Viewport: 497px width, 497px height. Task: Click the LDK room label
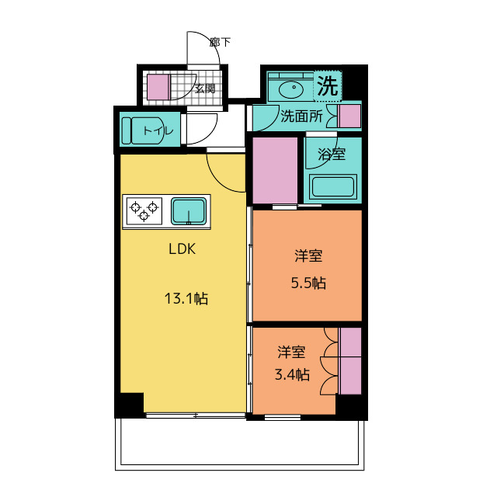[x=182, y=249]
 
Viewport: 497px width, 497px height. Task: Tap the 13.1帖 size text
[x=186, y=298]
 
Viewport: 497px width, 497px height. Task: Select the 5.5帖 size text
[x=308, y=283]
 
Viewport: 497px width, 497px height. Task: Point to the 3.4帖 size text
[x=292, y=374]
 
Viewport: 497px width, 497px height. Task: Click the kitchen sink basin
[x=189, y=210]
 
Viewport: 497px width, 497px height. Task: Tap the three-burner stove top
[x=144, y=211]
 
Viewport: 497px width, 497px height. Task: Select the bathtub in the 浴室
[x=332, y=186]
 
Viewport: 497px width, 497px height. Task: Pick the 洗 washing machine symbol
[x=328, y=86]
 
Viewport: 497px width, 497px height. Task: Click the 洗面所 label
[x=301, y=116]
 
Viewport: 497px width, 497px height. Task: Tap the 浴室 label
[x=332, y=155]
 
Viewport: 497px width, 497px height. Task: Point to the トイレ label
[x=158, y=130]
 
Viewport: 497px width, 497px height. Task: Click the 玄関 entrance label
[x=205, y=89]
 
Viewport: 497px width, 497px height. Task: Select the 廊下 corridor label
[x=220, y=42]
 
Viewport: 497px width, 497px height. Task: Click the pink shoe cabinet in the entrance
[x=158, y=87]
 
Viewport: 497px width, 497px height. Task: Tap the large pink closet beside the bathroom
[x=275, y=171]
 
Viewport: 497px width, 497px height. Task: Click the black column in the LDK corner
[x=132, y=405]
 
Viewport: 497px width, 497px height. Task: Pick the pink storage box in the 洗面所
[x=350, y=116]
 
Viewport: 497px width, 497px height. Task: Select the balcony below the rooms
[x=240, y=443]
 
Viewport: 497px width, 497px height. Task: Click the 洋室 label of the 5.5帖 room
[x=308, y=255]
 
